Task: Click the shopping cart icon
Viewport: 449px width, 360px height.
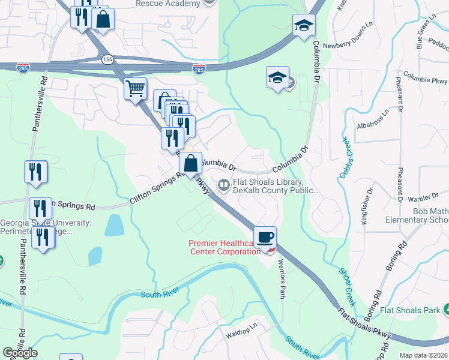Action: (x=136, y=89)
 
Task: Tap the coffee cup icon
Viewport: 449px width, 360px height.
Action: (x=264, y=236)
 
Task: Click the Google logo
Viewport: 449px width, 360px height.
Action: (x=20, y=353)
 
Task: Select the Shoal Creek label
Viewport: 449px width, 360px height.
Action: (x=347, y=287)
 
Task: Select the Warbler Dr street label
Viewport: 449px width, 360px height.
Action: (x=420, y=197)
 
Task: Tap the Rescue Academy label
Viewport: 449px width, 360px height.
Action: (x=167, y=4)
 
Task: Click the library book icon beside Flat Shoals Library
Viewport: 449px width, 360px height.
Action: (x=223, y=185)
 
